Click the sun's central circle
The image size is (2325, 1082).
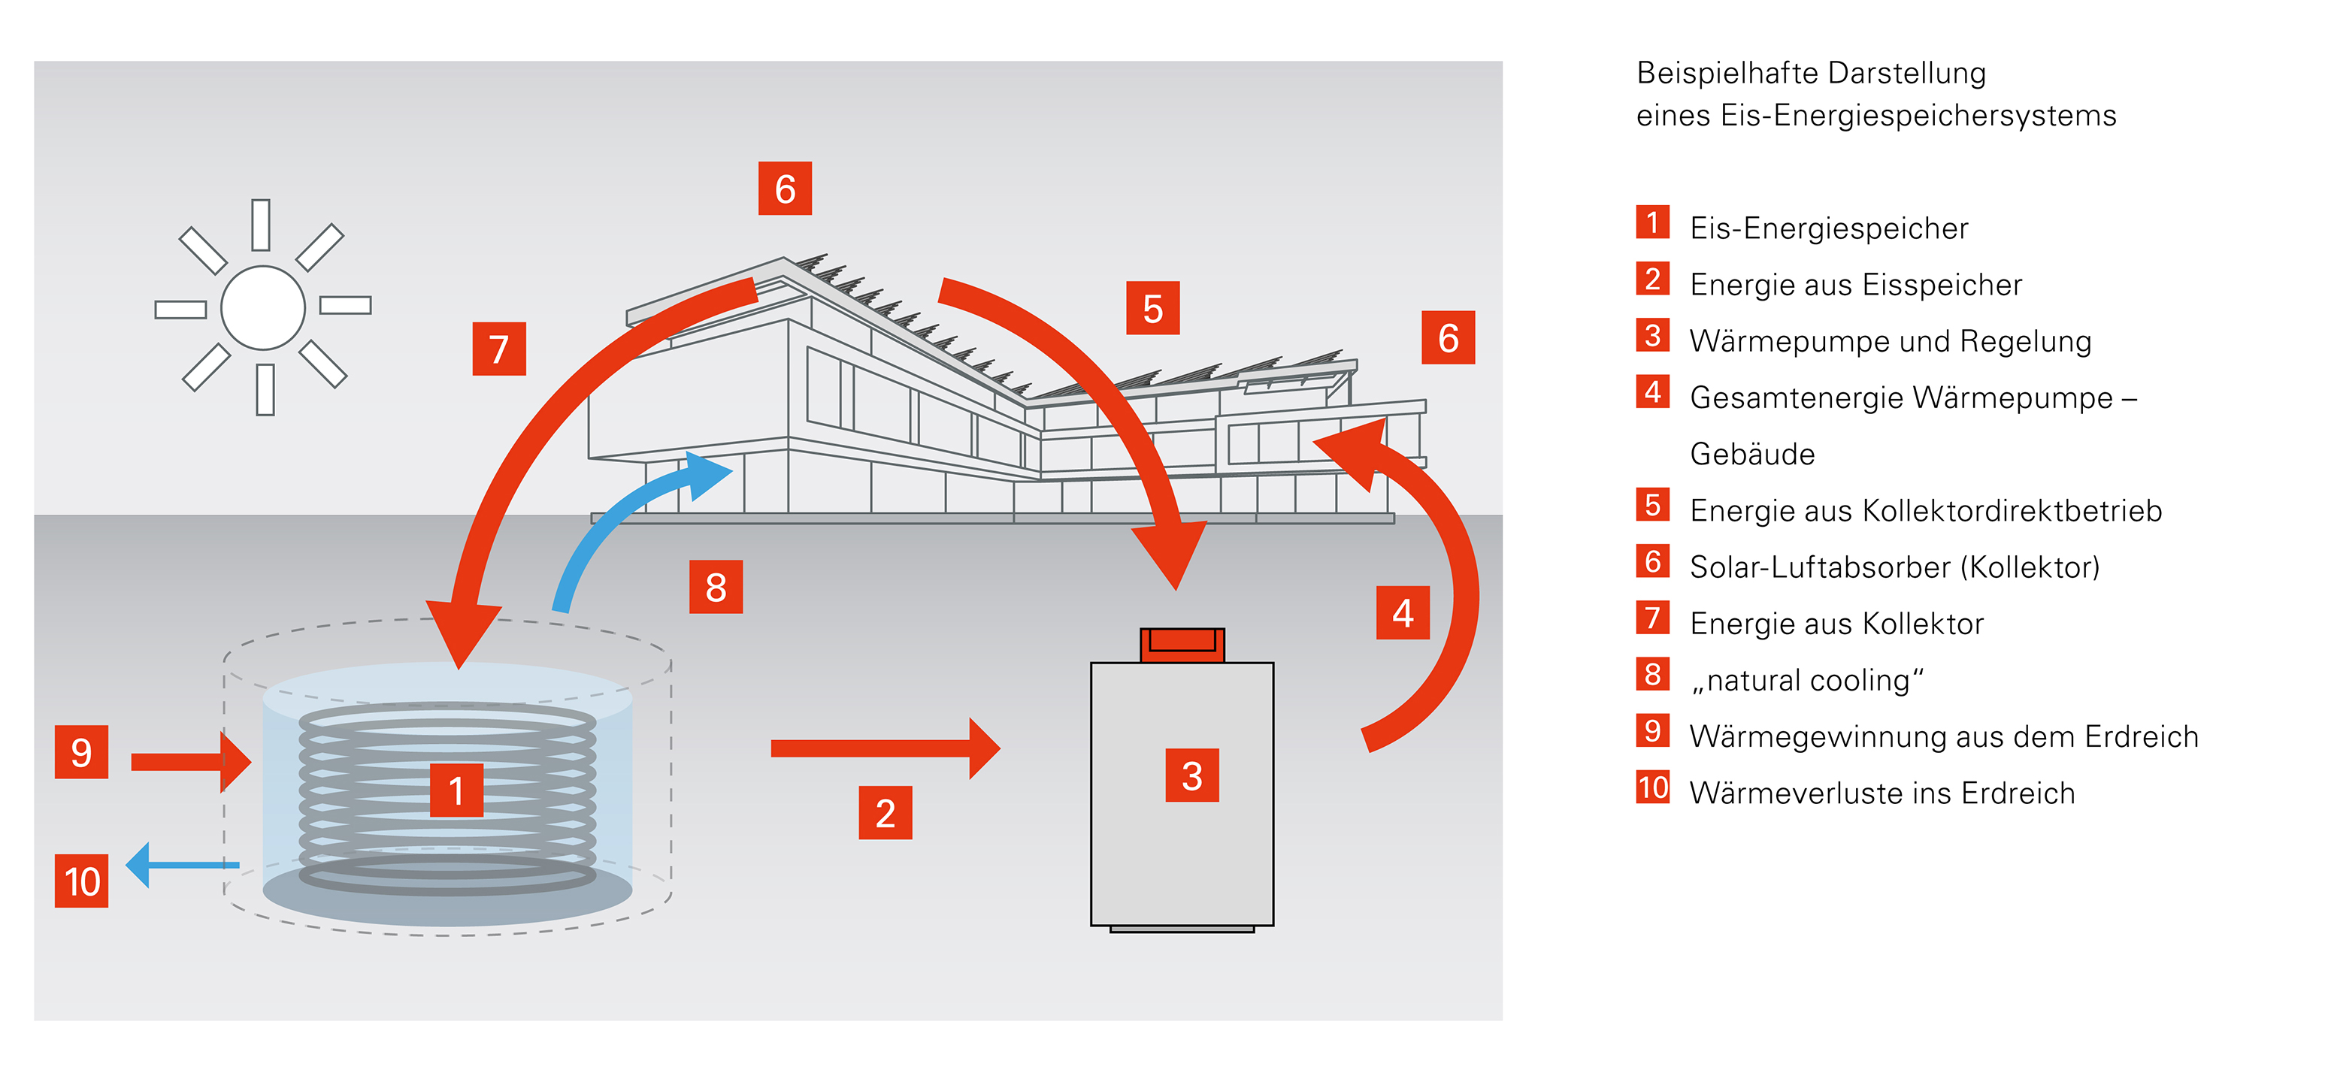pos(262,308)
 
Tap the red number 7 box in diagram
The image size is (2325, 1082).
pos(499,349)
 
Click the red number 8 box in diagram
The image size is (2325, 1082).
pos(716,588)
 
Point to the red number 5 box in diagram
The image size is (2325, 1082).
pos(1152,309)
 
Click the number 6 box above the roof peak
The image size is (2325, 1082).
pos(784,189)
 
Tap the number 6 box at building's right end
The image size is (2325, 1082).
pos(1448,338)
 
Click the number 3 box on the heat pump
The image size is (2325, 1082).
pos(1191,776)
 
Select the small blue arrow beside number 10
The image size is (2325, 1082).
pos(180,865)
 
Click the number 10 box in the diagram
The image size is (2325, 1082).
pos(81,881)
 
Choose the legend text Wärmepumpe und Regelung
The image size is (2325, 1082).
pos(1890,341)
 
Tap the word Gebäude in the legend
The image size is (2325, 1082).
pos(1752,454)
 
